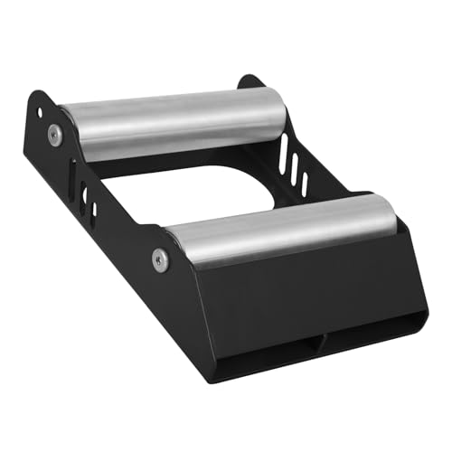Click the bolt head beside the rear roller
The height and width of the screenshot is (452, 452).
[54, 135]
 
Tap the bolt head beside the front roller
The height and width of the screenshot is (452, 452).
[160, 259]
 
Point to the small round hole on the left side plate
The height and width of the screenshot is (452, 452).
[39, 115]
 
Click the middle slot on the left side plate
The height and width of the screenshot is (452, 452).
[84, 194]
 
